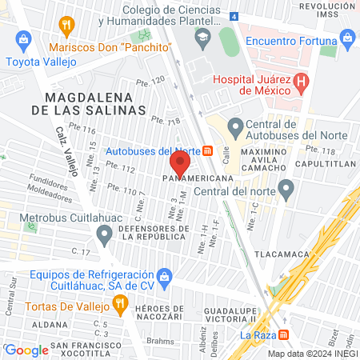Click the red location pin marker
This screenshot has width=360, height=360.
point(179,164)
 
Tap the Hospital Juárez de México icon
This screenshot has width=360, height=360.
point(301,81)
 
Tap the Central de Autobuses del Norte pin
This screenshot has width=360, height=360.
point(236,126)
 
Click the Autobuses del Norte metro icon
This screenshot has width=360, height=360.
point(208,151)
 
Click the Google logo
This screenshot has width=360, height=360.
point(27,350)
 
